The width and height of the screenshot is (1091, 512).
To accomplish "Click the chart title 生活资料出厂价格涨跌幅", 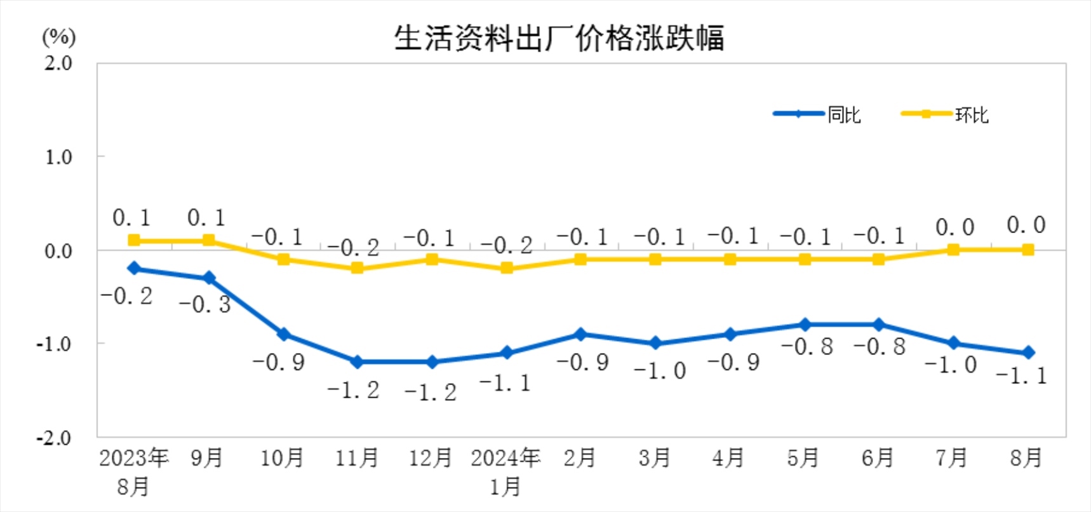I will click(x=559, y=38).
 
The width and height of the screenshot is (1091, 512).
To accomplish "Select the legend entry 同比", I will click(x=843, y=115).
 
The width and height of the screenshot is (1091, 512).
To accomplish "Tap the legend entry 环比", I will click(x=972, y=115).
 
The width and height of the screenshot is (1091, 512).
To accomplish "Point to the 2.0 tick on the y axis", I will click(x=58, y=64).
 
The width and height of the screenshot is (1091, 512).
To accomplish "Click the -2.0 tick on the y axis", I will click(x=54, y=438).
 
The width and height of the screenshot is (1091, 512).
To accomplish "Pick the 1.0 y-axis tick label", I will click(x=58, y=157).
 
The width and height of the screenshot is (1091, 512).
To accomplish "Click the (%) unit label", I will click(x=58, y=37).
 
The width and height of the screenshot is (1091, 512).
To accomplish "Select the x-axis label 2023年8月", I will click(x=133, y=471).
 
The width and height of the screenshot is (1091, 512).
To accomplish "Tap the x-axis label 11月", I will click(x=357, y=457).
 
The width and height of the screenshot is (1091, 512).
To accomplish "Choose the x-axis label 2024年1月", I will click(x=505, y=471).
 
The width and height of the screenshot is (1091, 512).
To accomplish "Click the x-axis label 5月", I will click(x=803, y=457).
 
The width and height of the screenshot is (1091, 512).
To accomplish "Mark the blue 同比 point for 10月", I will click(x=283, y=334).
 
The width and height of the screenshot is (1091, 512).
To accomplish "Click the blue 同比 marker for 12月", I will click(x=432, y=362).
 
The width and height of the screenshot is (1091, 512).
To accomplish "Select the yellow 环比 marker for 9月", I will click(x=208, y=240).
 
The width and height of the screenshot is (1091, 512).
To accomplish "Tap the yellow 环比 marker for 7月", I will click(x=953, y=250).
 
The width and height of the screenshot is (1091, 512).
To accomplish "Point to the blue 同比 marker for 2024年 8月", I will click(x=1027, y=353).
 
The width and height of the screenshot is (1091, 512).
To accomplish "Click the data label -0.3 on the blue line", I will click(x=204, y=304).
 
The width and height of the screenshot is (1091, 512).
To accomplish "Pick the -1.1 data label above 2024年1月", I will click(x=505, y=383).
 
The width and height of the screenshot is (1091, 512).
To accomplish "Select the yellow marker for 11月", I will click(x=357, y=268).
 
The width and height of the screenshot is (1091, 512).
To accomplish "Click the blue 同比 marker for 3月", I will click(x=655, y=343).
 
